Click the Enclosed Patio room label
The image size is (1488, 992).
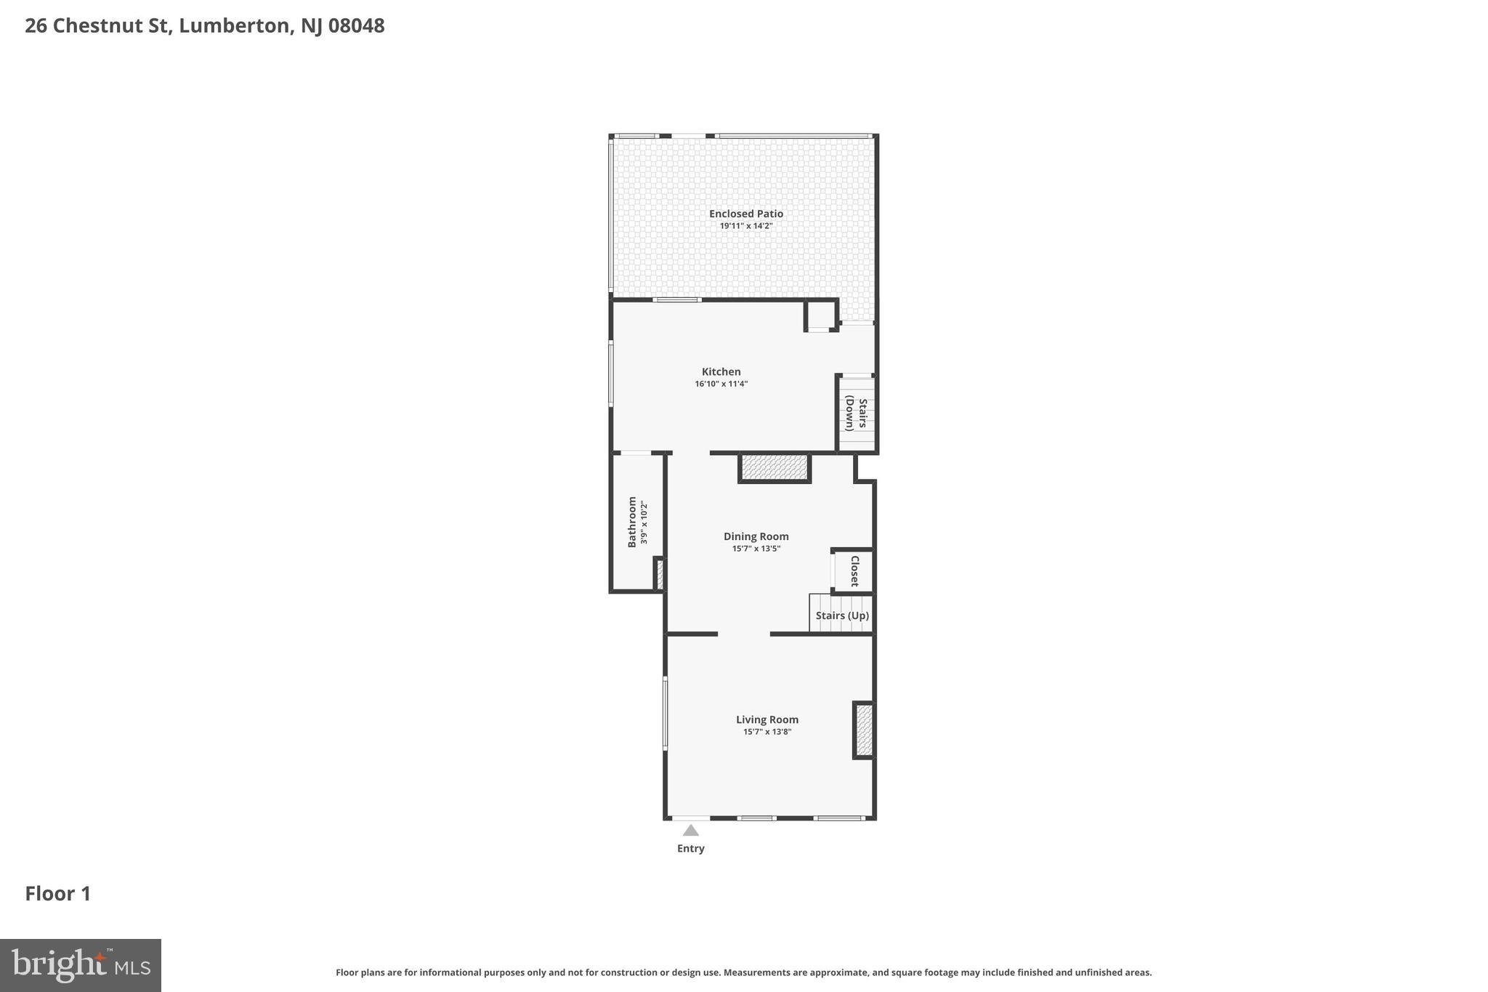click(745, 214)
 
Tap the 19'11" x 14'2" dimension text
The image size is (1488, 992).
click(745, 226)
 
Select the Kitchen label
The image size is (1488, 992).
click(721, 371)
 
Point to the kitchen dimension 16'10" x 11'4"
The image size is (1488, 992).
click(721, 384)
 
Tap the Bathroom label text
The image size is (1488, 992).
click(632, 522)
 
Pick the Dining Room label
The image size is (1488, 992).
click(756, 536)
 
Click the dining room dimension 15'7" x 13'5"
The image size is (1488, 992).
click(756, 549)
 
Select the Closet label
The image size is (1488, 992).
click(854, 571)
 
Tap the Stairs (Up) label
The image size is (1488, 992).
click(841, 616)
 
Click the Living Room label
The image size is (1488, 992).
click(767, 719)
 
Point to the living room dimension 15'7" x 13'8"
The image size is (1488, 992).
click(767, 732)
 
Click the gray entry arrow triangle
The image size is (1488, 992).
click(690, 831)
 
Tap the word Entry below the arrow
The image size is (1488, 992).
click(690, 848)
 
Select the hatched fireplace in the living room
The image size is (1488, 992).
click(864, 730)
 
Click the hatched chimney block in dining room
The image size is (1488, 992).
click(775, 467)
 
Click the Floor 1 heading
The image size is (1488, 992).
click(58, 893)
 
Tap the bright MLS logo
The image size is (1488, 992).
click(80, 965)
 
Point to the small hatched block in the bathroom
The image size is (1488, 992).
click(660, 574)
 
